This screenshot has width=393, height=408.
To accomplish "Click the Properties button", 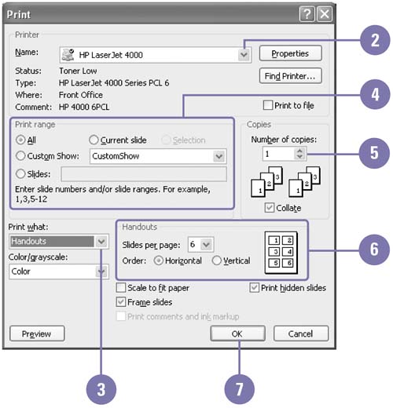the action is [x=290, y=53].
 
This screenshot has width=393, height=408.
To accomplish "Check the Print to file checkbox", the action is [x=268, y=105].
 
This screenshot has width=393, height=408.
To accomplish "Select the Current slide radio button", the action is [x=94, y=140].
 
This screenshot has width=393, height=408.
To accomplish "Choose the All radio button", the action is [x=20, y=140].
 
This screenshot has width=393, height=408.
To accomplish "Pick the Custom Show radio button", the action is [x=20, y=156].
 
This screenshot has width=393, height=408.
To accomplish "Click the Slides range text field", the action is [x=144, y=174].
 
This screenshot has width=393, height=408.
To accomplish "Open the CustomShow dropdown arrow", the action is [x=219, y=156].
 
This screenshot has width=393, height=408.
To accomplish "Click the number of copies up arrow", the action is [x=299, y=151].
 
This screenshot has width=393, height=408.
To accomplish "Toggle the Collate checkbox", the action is [x=270, y=208].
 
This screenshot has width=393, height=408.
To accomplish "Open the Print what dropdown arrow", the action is [x=101, y=241].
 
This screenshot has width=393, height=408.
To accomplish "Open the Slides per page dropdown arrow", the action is [x=207, y=245].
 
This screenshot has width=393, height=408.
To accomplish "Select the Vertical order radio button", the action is [x=217, y=260].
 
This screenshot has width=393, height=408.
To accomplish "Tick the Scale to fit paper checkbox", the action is [x=121, y=288].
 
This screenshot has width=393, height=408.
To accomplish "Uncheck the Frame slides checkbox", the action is [x=121, y=302].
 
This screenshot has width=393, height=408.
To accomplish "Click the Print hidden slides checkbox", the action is [x=255, y=288].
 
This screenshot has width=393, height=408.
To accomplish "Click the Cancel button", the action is [x=301, y=333].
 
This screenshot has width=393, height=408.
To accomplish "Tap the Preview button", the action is [x=37, y=333].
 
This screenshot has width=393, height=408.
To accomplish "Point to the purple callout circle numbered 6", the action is [x=374, y=250].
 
